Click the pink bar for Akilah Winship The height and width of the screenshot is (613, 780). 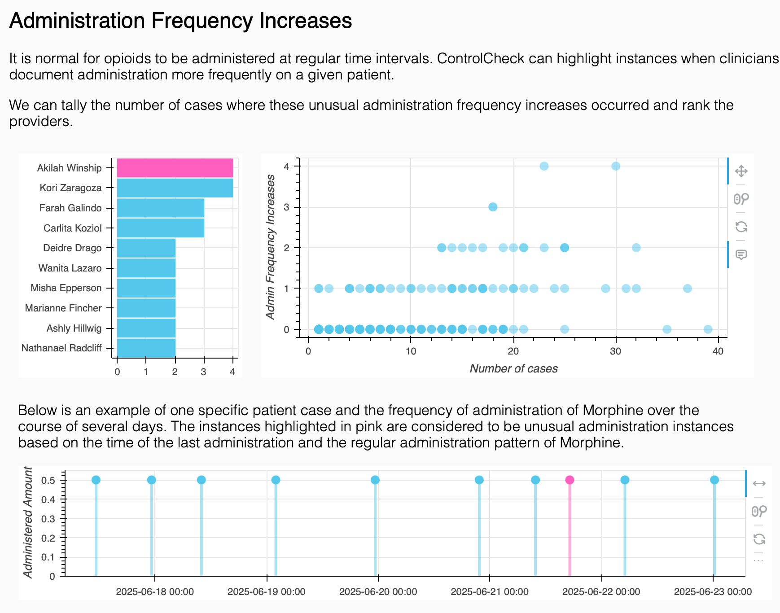175,168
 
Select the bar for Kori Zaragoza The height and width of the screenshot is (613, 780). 175,188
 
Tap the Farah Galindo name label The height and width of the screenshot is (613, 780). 70,208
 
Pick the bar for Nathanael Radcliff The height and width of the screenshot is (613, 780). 146,348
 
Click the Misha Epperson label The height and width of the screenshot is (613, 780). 66,288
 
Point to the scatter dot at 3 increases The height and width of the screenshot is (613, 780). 493,207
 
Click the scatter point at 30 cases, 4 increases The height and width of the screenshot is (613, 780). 616,166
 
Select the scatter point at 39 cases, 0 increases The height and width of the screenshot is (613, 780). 708,329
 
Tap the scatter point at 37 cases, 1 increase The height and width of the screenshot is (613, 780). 687,288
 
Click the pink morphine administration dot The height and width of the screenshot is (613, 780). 570,480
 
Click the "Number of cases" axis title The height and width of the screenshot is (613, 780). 513,368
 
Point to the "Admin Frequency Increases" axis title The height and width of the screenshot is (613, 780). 270,247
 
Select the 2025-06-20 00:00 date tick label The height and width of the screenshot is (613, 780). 378,591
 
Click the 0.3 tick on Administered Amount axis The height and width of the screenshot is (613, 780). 48,519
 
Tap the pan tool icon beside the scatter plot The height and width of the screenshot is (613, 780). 741,171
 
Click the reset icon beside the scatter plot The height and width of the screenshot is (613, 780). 741,227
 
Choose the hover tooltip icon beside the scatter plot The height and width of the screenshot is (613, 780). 741,255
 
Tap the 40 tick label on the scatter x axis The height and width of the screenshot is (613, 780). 718,351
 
